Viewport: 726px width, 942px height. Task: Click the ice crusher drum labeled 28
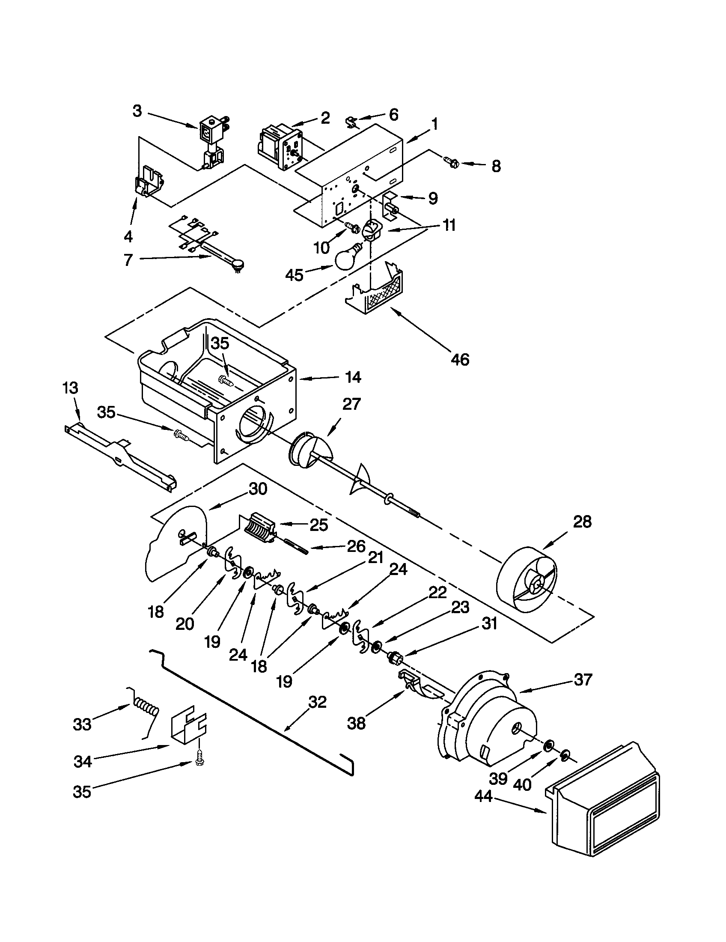point(527,580)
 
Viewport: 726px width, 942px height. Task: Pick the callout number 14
point(353,377)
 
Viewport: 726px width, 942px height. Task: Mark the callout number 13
point(70,388)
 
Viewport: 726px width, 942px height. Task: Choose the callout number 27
point(351,405)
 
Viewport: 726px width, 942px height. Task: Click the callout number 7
point(128,260)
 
